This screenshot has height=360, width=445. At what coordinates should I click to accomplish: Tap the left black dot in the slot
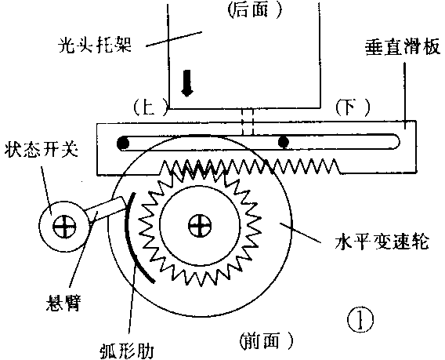coord(124,143)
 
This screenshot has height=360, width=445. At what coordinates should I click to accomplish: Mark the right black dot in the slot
coord(284,142)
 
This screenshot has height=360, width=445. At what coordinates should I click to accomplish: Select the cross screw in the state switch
coord(60,227)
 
